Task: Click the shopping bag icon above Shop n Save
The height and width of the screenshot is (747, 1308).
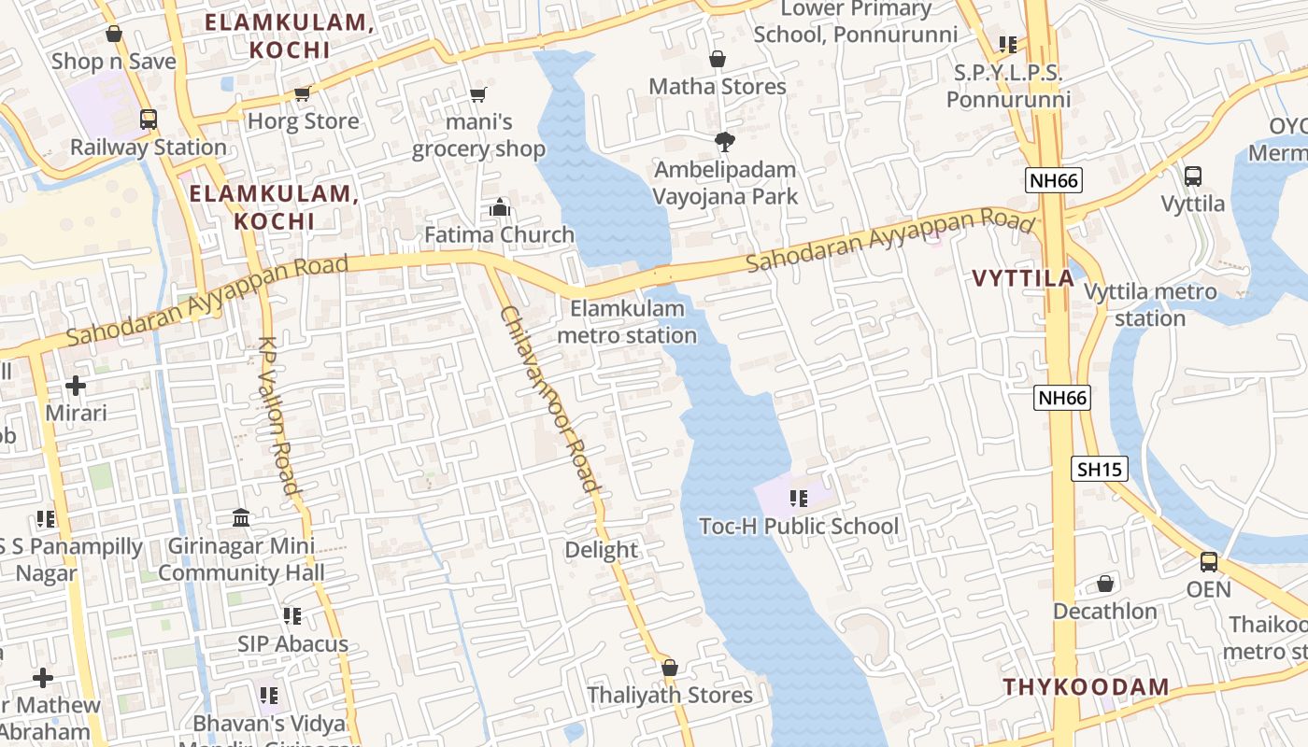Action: point(114,35)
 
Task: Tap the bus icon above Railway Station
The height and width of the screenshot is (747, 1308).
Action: point(148,120)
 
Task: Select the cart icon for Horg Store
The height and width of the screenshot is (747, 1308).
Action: point(302,93)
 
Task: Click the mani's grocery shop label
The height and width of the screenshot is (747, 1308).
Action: point(478,135)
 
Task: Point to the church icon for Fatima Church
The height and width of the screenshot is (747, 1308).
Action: point(500,207)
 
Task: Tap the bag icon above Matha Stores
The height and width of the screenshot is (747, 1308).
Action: point(718,60)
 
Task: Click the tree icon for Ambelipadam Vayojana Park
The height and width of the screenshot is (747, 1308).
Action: point(724,142)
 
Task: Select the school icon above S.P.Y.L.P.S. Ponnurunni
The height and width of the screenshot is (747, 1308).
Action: point(1007,45)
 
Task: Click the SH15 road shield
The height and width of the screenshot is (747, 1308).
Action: point(1101,469)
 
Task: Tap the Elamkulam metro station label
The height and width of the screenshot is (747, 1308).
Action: point(627,321)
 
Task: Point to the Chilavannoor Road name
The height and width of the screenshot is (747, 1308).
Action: point(548,399)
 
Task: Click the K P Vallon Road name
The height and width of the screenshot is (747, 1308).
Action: point(277,416)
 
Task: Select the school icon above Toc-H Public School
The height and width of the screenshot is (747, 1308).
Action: point(798,499)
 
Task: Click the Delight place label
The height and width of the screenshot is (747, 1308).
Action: point(602,550)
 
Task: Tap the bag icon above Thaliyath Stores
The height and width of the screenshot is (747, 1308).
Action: point(669,668)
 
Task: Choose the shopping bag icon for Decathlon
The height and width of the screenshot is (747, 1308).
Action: point(1105,585)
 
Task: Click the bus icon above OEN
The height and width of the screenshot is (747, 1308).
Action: point(1209,562)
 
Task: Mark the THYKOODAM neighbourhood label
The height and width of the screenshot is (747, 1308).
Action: point(1086,687)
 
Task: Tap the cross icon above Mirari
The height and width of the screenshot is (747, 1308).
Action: point(76,386)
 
